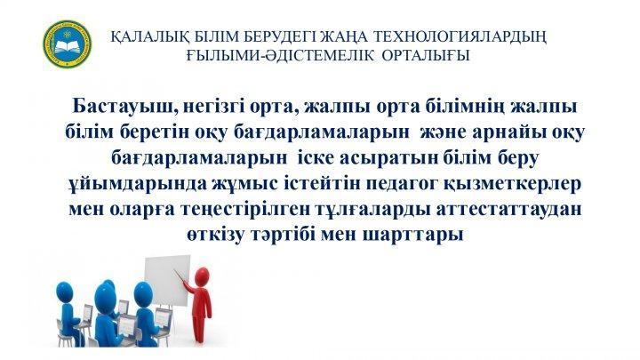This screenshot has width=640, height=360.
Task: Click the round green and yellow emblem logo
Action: click(68, 44)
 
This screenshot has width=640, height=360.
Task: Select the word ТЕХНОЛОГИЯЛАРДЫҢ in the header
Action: click(460, 37)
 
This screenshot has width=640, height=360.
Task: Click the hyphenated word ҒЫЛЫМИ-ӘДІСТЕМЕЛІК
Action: click(280, 55)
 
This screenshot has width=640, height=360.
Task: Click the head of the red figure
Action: click(202, 276)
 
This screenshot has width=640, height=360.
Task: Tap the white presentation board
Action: click(168, 282)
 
